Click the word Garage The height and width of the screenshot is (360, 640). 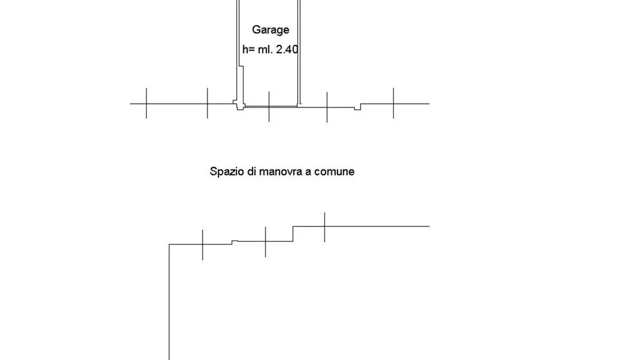(x=270, y=30)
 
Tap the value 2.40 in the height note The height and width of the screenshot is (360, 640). (x=287, y=49)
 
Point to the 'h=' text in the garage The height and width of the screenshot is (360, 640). (x=248, y=49)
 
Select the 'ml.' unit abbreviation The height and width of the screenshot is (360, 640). (x=265, y=49)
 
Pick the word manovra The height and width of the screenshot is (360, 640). (x=280, y=171)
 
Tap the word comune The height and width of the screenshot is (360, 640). (x=334, y=171)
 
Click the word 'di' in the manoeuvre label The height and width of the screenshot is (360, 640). (x=252, y=171)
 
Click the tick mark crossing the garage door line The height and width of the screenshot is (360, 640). (x=269, y=106)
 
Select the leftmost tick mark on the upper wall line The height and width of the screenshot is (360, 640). (x=146, y=103)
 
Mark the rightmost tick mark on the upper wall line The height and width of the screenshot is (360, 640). (x=394, y=103)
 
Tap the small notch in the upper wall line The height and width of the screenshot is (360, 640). (x=357, y=107)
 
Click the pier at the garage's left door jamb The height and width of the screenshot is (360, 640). (x=239, y=105)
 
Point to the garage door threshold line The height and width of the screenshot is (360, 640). (x=271, y=107)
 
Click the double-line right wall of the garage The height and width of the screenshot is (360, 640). (x=299, y=52)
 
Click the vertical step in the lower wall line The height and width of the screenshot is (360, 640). (x=293, y=234)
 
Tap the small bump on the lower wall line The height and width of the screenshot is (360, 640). (x=235, y=242)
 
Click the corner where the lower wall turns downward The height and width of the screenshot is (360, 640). (x=169, y=244)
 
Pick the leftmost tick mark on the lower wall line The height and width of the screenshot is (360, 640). (x=202, y=245)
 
